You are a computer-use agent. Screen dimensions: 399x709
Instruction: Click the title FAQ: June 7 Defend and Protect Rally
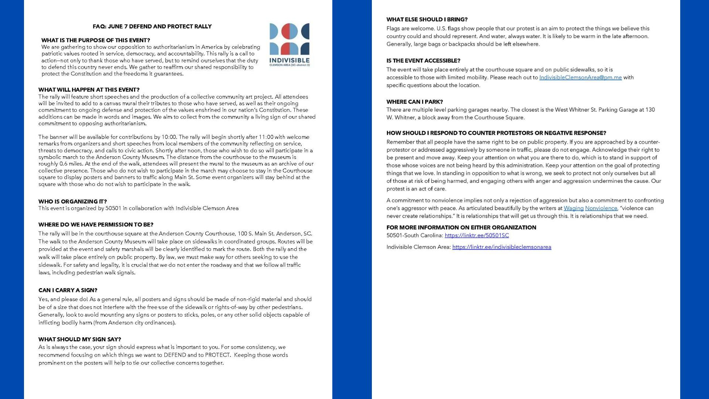pyautogui.click(x=152, y=27)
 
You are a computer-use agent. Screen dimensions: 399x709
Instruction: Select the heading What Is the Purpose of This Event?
pyautogui.click(x=96, y=40)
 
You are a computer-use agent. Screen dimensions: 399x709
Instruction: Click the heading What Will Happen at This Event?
pyautogui.click(x=89, y=90)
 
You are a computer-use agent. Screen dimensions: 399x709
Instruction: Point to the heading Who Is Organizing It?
pyautogui.click(x=72, y=201)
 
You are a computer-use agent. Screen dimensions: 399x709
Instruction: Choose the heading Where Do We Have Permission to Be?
pyautogui.click(x=96, y=225)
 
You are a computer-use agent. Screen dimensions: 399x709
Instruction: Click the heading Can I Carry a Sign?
pyautogui.click(x=68, y=290)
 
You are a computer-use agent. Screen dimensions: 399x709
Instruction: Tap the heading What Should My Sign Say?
pyautogui.click(x=79, y=339)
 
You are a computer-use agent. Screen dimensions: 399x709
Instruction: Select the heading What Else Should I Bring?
pyautogui.click(x=427, y=20)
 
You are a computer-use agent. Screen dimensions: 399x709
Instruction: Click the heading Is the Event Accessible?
pyautogui.click(x=423, y=61)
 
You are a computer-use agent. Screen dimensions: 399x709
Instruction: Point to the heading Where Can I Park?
pyautogui.click(x=414, y=102)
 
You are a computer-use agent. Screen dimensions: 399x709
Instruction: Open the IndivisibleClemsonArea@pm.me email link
pyautogui.click(x=580, y=78)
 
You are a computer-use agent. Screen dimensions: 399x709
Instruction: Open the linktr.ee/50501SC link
pyautogui.click(x=476, y=235)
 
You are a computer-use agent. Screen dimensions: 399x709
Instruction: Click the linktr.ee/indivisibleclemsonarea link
pyautogui.click(x=501, y=247)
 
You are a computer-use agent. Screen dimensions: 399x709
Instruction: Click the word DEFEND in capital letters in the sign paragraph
pyautogui.click(x=175, y=355)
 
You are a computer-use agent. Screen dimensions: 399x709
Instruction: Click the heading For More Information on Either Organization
pyautogui.click(x=461, y=228)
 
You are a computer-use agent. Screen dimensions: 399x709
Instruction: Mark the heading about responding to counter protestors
pyautogui.click(x=496, y=133)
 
